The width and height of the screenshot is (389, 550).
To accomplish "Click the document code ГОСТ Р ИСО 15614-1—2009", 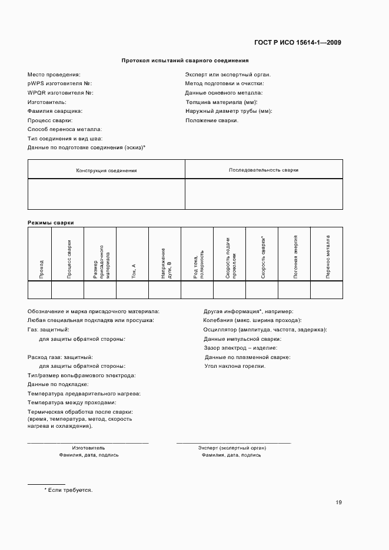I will coord(297,42).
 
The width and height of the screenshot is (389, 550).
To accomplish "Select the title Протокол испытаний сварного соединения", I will coord(185,61).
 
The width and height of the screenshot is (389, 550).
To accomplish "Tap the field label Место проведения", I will coord(54,75).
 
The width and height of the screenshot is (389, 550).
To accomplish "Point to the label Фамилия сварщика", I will coord(55,111).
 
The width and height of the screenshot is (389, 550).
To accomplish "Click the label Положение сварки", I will coord(212,120).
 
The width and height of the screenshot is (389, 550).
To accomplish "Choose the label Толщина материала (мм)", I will coord(221,102).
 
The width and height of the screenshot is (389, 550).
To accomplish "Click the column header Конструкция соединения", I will coord(107,170).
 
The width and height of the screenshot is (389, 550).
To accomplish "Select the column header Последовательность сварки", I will coord(264,170).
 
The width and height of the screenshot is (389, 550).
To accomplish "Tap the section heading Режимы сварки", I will coord(46,223).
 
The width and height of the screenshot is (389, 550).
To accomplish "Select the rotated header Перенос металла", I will coord(328,257).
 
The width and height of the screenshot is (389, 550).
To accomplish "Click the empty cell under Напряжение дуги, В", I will coord(165,290).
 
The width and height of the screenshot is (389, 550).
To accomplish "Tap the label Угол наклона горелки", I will coord(235,366).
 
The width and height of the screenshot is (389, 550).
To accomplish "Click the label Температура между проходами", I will coord(72,403).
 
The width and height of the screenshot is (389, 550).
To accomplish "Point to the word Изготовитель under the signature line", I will coord(89,448).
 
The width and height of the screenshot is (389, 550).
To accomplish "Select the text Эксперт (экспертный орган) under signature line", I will coord(232,448).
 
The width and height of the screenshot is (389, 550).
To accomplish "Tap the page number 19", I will coord(338,502).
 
